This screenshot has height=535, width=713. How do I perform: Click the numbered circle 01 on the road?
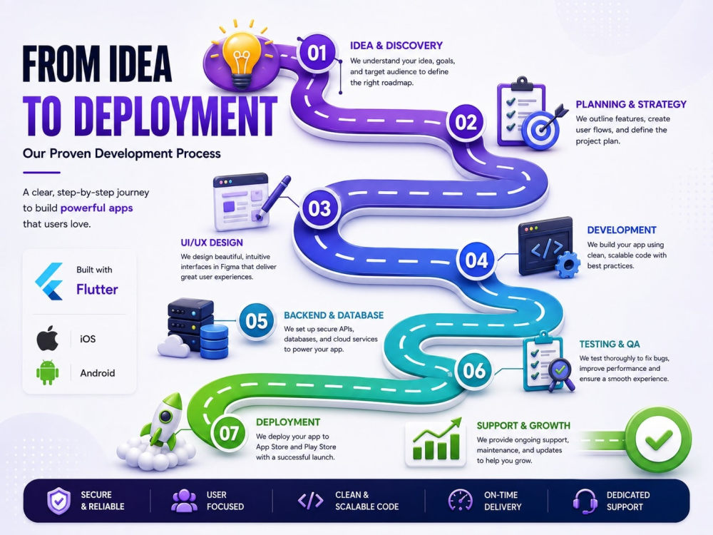[317, 53]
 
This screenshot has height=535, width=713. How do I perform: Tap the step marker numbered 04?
[476, 260]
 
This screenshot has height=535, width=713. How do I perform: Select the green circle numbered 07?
[229, 433]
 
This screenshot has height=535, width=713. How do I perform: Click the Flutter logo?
[50, 281]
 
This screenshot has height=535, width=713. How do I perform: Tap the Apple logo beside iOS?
[47, 338]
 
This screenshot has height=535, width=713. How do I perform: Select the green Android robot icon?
[47, 372]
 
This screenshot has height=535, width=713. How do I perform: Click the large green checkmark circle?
[658, 439]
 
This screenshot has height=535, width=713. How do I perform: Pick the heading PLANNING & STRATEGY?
[631, 104]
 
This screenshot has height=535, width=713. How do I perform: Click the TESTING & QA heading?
[610, 344]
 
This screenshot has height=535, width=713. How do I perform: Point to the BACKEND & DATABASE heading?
[334, 315]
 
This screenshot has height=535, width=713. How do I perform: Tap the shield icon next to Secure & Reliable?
[59, 501]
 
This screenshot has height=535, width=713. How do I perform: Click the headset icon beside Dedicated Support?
[585, 501]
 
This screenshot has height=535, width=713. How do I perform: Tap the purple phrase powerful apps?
[96, 208]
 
